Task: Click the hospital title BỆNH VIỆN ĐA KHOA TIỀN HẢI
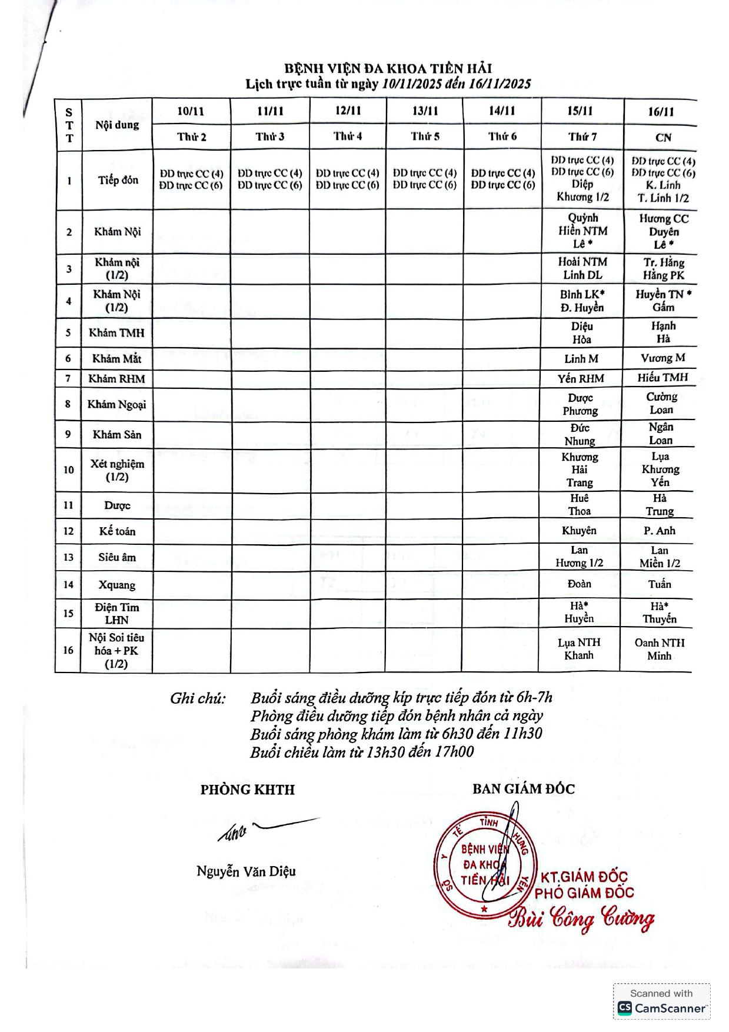click(x=388, y=69)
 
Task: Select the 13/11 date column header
click(x=425, y=111)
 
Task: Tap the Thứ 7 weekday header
click(x=582, y=137)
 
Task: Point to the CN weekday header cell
click(x=663, y=137)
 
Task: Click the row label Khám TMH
click(x=116, y=333)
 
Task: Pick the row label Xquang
click(x=116, y=585)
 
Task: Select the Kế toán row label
click(x=116, y=531)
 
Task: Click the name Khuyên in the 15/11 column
click(x=579, y=531)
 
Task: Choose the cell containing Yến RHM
click(x=581, y=378)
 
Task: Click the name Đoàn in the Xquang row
click(x=579, y=584)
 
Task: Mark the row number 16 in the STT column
click(x=68, y=650)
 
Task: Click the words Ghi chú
click(x=198, y=698)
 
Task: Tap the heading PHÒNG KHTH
click(x=247, y=790)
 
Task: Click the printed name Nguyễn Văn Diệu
click(x=246, y=871)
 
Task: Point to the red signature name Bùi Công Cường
click(x=581, y=919)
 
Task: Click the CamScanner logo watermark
click(x=661, y=1008)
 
